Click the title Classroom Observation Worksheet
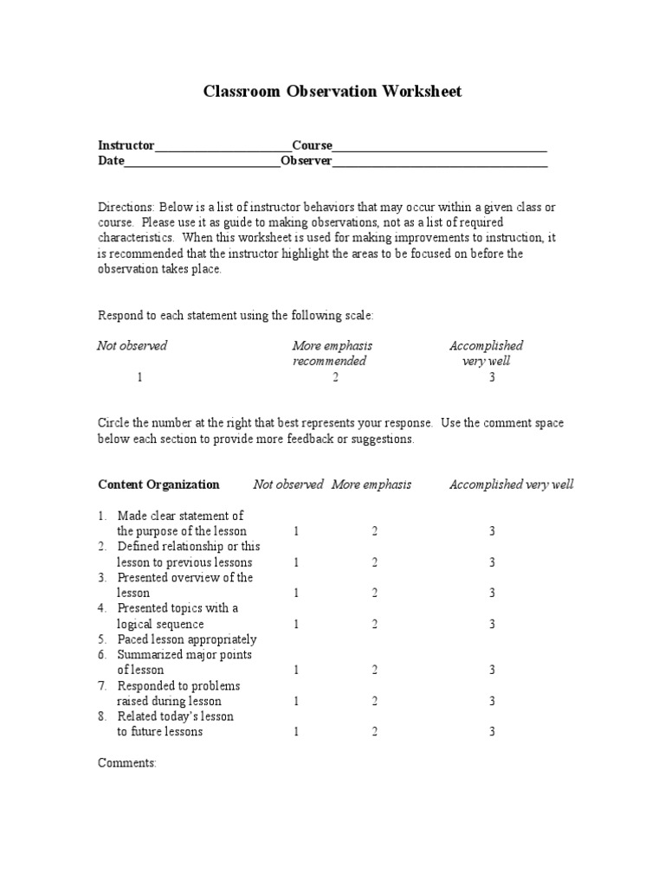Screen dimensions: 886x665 [x=332, y=91]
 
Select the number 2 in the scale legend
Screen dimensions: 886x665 [x=335, y=377]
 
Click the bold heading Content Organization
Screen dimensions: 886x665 [x=158, y=485]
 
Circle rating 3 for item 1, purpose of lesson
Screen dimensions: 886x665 [x=492, y=531]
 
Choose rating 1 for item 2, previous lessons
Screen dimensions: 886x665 [x=296, y=562]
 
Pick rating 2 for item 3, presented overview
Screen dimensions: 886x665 [x=375, y=593]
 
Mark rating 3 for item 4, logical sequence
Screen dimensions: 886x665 [x=492, y=624]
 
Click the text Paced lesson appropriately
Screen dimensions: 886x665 [x=187, y=639]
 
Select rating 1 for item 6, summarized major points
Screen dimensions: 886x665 [x=296, y=670]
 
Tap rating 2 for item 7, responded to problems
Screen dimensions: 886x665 [x=375, y=701]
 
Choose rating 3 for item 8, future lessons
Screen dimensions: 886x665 [x=492, y=732]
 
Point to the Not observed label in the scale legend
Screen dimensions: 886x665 [x=132, y=346]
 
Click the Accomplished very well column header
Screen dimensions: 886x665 [x=511, y=485]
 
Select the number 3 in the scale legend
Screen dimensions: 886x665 [x=493, y=377]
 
